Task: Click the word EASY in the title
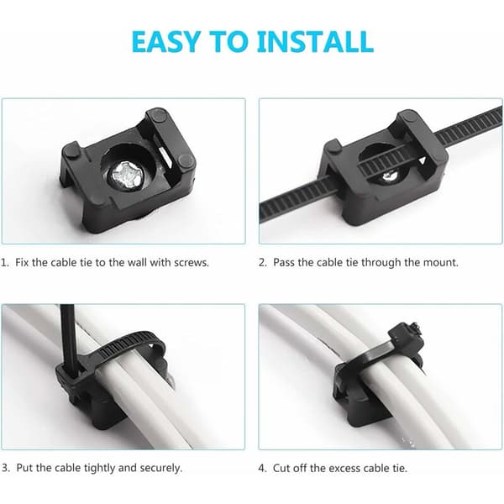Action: (165, 42)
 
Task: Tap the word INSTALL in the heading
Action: (315, 42)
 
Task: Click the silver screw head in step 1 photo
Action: (125, 176)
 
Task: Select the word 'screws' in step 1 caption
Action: (191, 263)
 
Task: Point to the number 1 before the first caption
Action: (4, 263)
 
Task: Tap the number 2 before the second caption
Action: (263, 263)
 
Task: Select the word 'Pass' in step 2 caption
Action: (284, 263)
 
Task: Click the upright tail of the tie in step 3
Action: (68, 334)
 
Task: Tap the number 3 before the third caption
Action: (5, 468)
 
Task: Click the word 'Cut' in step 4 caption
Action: (281, 468)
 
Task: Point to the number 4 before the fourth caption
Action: (262, 468)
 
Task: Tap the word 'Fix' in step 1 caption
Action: (22, 262)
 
